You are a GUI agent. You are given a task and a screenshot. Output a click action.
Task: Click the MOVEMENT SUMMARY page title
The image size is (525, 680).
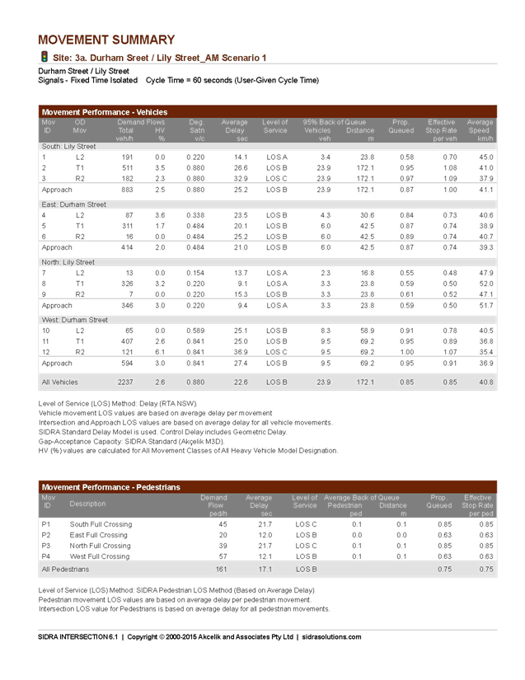click(x=106, y=40)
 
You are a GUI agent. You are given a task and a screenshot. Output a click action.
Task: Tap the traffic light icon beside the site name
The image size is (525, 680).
click(x=44, y=57)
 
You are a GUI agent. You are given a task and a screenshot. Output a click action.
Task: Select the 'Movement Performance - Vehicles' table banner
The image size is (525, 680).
click(x=104, y=111)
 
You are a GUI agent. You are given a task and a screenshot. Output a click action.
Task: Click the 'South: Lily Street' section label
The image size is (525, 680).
click(x=68, y=146)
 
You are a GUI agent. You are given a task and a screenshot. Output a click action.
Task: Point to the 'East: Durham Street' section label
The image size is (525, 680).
click(x=73, y=204)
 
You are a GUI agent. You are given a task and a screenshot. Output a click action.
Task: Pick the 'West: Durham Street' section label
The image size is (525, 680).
click(x=74, y=319)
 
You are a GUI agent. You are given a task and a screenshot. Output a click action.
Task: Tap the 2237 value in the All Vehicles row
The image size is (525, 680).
click(x=125, y=382)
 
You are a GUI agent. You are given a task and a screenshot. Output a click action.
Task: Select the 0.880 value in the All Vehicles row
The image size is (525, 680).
click(x=195, y=382)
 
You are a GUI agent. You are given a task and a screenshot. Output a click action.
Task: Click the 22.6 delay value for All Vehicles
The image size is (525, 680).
click(x=241, y=382)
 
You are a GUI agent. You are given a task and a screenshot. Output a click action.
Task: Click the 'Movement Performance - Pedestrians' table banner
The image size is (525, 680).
click(x=110, y=487)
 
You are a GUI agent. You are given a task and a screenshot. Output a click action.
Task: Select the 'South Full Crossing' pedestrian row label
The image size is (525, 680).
click(x=101, y=524)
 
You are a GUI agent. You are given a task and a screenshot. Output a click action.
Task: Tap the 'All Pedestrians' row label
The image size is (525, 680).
click(x=65, y=569)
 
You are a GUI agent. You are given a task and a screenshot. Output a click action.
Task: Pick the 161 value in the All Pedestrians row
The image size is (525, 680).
click(x=221, y=569)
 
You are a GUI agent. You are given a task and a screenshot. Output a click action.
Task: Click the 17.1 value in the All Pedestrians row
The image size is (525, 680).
click(x=265, y=569)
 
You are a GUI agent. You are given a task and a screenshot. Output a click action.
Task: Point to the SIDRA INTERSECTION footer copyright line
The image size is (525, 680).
click(x=199, y=636)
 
